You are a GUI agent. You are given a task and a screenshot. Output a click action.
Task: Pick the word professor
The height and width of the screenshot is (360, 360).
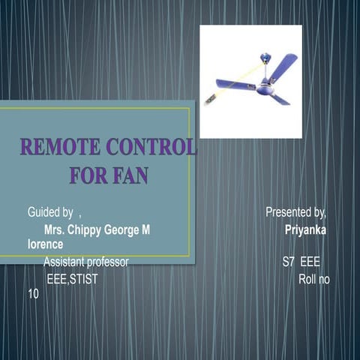pos(106,262)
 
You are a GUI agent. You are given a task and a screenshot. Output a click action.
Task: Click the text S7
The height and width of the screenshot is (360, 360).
pos(289,262)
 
